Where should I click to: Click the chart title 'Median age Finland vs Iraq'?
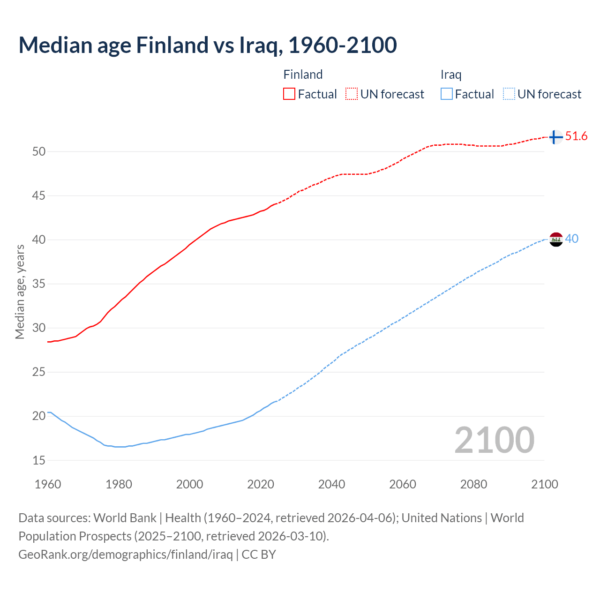208,45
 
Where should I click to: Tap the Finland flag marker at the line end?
555,137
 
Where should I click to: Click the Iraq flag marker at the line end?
555,239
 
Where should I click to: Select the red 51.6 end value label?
576,136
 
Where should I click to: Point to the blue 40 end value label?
571,239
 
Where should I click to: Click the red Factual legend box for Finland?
289,94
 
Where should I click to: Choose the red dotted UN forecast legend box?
352,94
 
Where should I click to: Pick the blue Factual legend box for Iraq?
447,94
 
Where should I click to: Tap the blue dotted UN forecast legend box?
509,94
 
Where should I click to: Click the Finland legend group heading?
303,75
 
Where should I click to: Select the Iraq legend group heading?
451,75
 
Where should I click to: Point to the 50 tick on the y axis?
39,151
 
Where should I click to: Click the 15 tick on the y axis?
39,460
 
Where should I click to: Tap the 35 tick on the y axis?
39,284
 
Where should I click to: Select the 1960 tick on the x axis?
48,484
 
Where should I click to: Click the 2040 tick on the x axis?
331,484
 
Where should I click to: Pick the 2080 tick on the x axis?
473,484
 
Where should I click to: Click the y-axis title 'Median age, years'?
20,292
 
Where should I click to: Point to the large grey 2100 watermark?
494,440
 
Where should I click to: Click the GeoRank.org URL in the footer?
126,555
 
